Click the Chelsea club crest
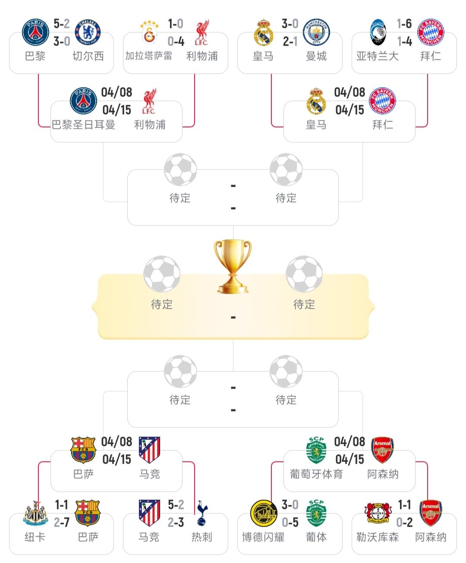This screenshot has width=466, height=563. pos(88,32)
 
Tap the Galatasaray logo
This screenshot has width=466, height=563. pos(149,32)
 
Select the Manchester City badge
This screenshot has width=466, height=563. pos(316,32)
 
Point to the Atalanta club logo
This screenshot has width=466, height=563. pos(378,32)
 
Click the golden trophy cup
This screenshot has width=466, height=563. pos(233,266)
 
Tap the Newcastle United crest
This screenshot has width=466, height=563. pos(35,513)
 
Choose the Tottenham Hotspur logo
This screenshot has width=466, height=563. pos(202,513)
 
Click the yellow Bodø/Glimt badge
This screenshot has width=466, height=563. pos(264,513)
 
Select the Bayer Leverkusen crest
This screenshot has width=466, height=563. pos(378,513)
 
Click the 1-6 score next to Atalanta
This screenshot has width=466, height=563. pos(404,24)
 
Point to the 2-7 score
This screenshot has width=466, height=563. pos(62,523)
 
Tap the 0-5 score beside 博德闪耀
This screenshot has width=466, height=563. pos(290,523)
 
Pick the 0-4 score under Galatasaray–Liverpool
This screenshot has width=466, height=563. pos(176,41)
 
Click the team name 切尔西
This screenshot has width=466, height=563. pos(88,56)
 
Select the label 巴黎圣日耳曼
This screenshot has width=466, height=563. pos(84,125)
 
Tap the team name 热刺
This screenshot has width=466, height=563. pos(202,537)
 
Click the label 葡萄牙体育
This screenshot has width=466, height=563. pos(316,475)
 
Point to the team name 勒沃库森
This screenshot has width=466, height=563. pos(378,537)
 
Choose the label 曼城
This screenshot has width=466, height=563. pos(316,56)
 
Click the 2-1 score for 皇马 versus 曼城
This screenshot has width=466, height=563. pos(290,41)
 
